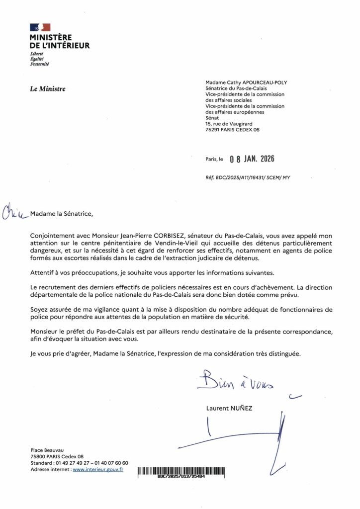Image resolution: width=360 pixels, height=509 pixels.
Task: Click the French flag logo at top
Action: coord(40,28)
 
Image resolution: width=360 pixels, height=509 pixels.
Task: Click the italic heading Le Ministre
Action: coord(47,89)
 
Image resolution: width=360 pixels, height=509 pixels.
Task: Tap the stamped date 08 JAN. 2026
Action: coord(252,159)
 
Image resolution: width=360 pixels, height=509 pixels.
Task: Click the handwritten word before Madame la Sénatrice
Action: coord(15,213)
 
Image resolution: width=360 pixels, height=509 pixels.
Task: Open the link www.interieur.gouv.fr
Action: coord(98,469)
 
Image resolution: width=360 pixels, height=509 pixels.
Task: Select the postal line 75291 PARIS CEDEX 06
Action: coord(232,130)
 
